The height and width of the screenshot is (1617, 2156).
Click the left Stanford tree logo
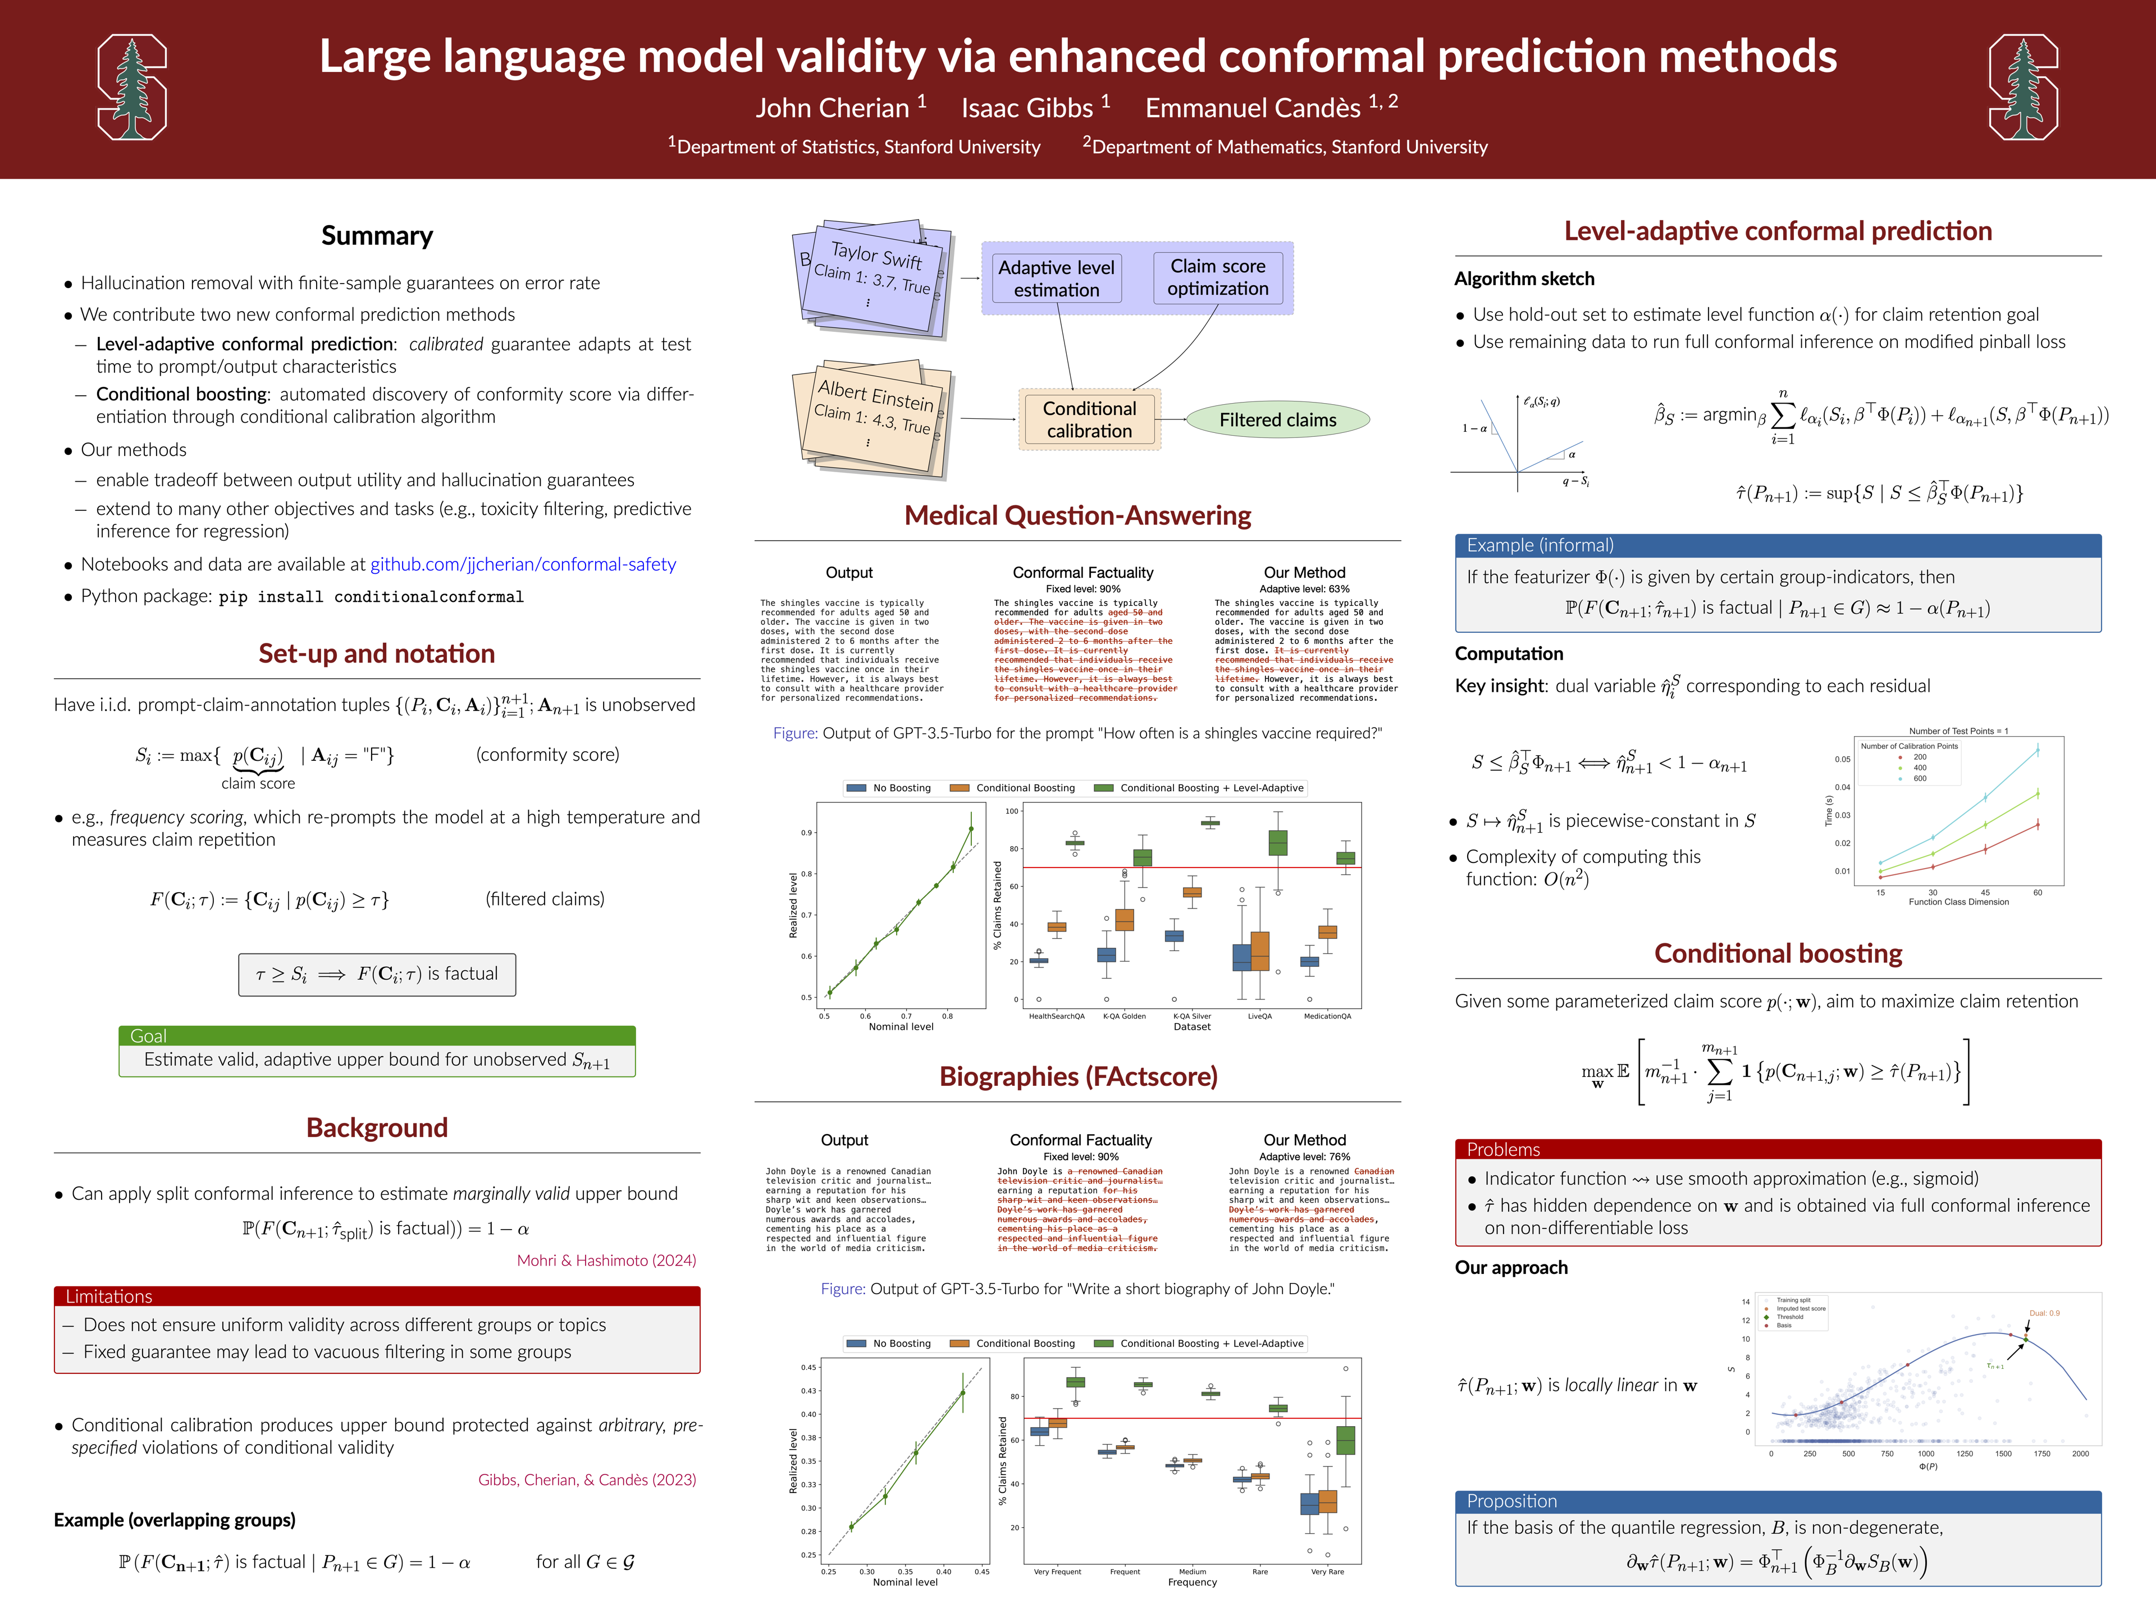[131, 88]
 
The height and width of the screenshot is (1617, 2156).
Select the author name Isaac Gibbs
[1027, 108]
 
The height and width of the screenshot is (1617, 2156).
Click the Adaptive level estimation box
[1057, 278]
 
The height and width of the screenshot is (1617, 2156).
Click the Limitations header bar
[376, 1296]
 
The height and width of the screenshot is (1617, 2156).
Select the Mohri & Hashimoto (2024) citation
[606, 1260]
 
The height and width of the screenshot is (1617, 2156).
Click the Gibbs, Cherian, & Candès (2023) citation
[587, 1479]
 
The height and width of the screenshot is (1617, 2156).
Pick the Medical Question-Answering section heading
[1077, 515]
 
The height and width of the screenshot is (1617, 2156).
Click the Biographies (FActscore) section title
[1078, 1076]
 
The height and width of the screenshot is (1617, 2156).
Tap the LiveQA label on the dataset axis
[1259, 1017]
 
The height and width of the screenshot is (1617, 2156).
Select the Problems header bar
[1503, 1150]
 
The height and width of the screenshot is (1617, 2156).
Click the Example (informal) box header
[1540, 546]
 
